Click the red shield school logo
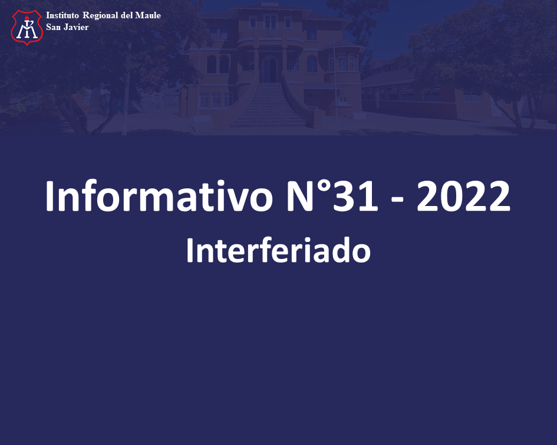27,27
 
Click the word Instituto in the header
62,15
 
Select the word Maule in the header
148,15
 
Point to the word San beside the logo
54,27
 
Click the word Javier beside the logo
76,27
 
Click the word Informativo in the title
159,196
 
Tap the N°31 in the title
332,196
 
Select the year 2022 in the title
463,196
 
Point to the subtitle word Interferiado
278,250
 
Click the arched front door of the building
269,69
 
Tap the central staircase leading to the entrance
268,105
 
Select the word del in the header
127,15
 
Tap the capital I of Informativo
49,196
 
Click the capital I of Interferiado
189,250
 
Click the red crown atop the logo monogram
27,18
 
